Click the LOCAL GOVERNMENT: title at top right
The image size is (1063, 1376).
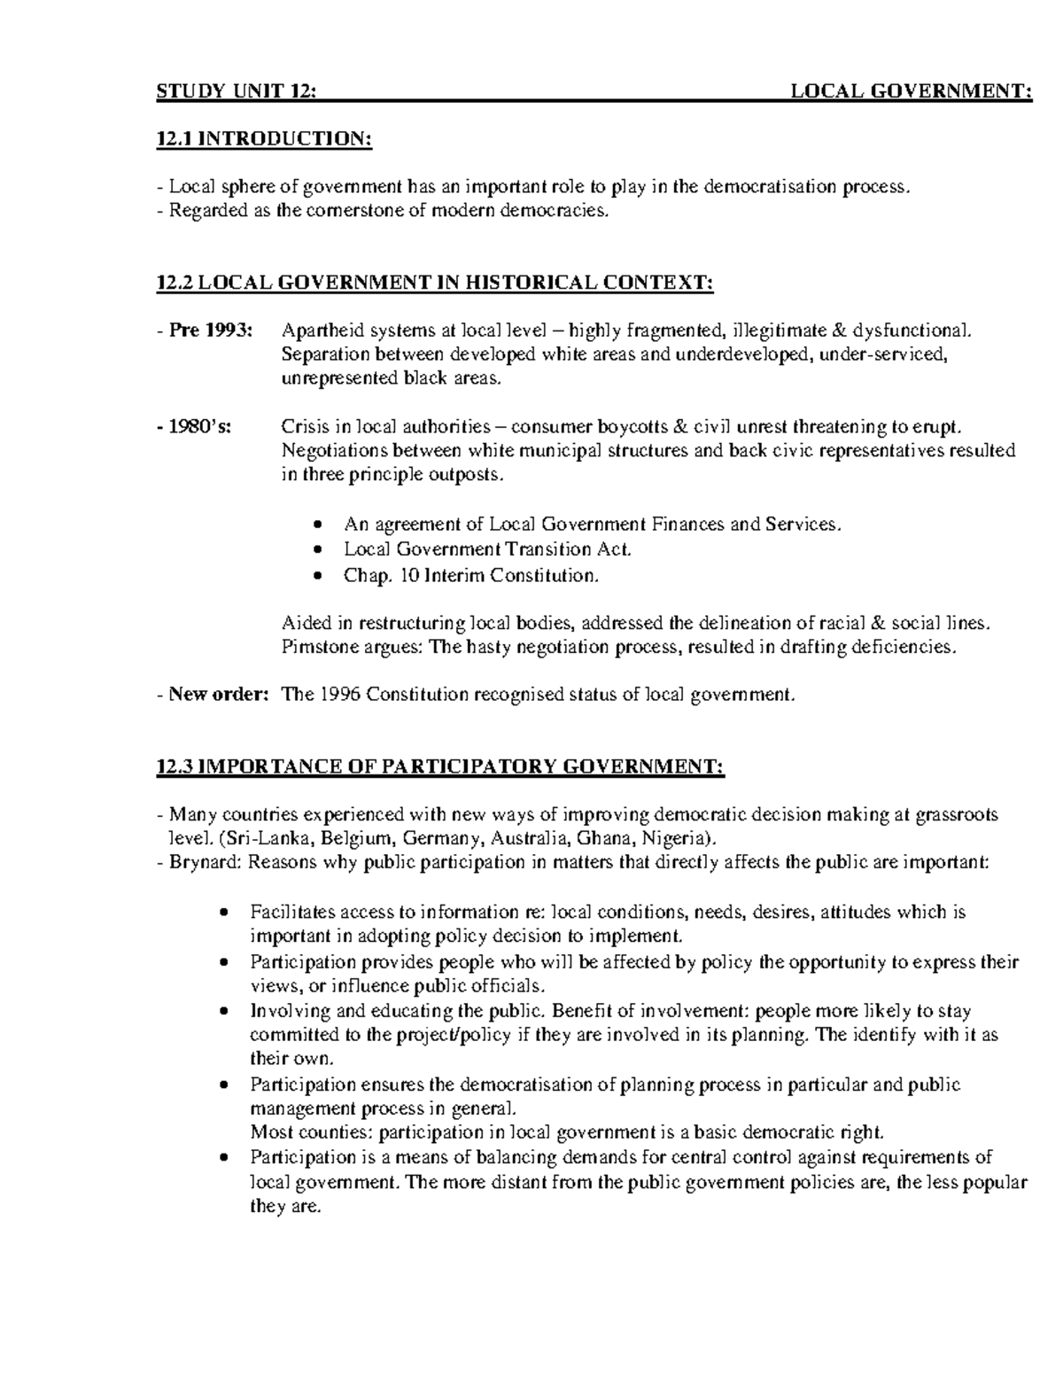pyautogui.click(x=911, y=91)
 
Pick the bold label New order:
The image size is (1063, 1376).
pyautogui.click(x=218, y=694)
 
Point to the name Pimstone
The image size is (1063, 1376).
pyautogui.click(x=316, y=647)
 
